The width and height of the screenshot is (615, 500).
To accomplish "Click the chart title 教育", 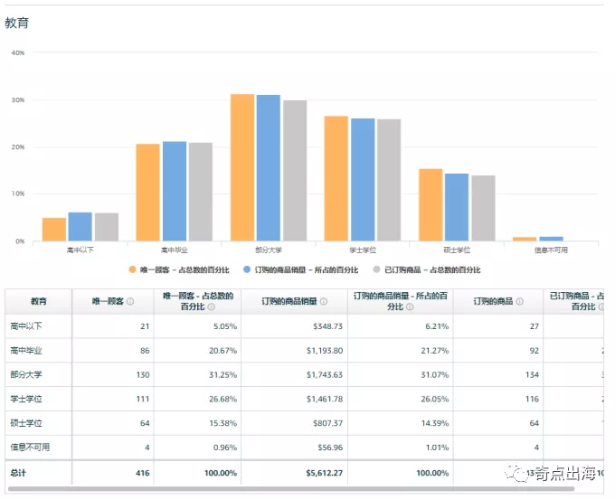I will coord(17,23).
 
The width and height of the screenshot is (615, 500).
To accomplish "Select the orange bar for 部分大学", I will coord(241,167).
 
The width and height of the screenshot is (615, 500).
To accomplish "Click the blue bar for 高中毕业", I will coord(175,191).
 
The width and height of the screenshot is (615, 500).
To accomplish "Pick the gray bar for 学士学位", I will coord(389,180).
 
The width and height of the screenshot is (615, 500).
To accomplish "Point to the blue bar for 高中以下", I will coord(80,227).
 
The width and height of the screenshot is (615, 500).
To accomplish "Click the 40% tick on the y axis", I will coord(17,52).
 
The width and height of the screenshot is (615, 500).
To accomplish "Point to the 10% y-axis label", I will coord(17,193).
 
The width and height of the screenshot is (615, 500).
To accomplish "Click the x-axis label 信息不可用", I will coord(550,250).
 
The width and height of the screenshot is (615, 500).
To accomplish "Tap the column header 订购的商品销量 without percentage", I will coord(289,301).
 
